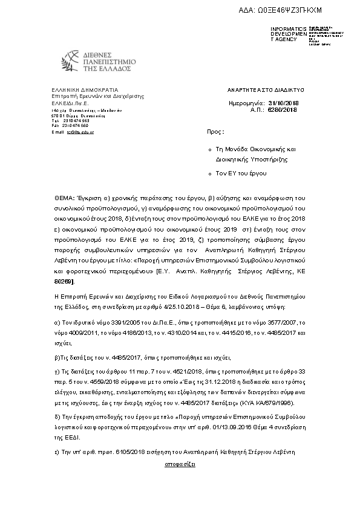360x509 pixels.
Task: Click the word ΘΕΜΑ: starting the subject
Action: click(x=64, y=198)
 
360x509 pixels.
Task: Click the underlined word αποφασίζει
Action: click(x=180, y=465)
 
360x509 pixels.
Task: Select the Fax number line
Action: click(x=70, y=125)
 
